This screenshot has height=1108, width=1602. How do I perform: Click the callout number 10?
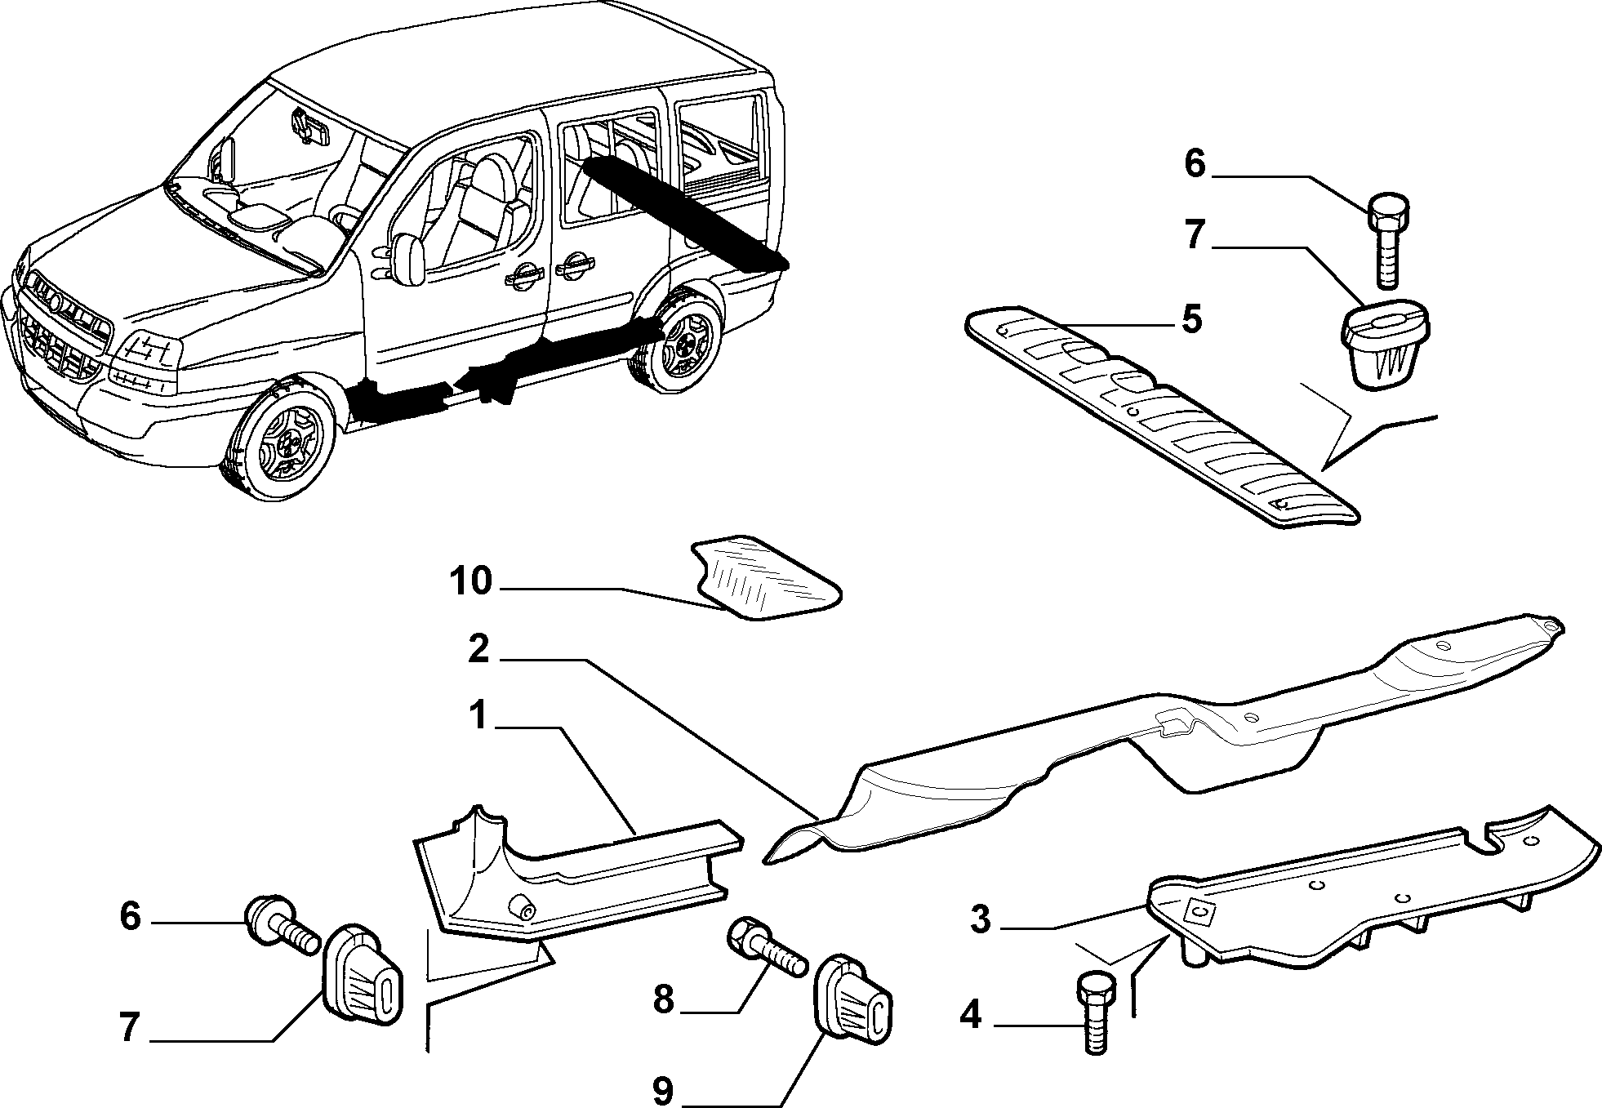[x=471, y=582]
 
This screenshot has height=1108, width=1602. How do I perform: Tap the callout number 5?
[x=1191, y=318]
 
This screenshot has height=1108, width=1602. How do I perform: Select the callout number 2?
[x=479, y=651]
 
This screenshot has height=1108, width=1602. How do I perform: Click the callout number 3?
[x=981, y=919]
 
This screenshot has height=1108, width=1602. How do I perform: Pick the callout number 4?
[x=970, y=1015]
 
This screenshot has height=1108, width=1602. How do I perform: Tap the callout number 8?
[x=663, y=998]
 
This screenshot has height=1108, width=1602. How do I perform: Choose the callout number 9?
[x=663, y=1092]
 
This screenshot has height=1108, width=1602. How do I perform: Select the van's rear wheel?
[x=679, y=343]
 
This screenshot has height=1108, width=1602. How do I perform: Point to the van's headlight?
[x=147, y=351]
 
